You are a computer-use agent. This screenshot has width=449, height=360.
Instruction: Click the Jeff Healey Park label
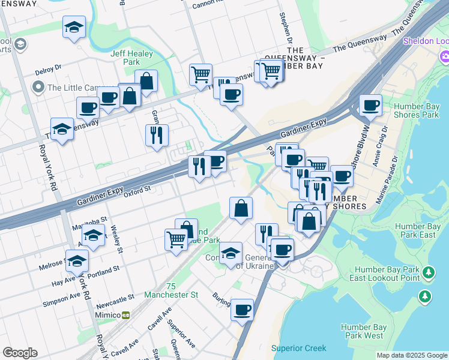[132, 58]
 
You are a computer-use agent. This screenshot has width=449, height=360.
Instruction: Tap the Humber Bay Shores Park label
[414, 110]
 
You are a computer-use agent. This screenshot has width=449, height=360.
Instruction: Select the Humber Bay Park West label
[362, 331]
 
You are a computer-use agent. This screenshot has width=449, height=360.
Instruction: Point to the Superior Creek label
[298, 348]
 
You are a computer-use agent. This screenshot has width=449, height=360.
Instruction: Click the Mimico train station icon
[126, 315]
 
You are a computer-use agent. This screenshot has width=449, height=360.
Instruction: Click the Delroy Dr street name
[48, 70]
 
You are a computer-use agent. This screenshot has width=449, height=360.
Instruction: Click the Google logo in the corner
[20, 353]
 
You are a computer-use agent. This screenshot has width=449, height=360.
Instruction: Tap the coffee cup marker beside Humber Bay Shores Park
[370, 105]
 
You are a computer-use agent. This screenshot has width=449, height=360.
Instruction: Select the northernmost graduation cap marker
[74, 26]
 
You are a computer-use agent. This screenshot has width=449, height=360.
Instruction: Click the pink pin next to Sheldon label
[444, 57]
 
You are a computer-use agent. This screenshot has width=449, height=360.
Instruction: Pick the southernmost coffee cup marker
[242, 310]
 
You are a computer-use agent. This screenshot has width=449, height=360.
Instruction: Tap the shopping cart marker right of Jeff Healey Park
[200, 74]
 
